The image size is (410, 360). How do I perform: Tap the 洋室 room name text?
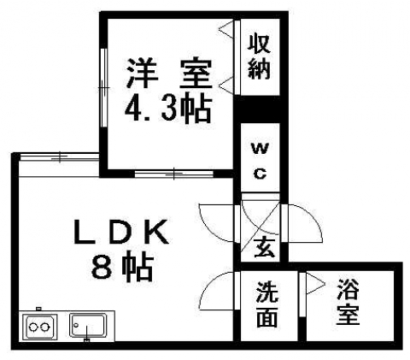(169, 73)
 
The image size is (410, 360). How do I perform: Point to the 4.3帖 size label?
(168, 109)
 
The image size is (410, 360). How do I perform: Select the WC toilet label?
(260, 160)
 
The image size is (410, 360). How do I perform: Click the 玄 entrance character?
(265, 247)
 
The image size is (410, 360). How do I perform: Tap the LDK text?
(121, 232)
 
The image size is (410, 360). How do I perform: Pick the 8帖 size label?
(123, 266)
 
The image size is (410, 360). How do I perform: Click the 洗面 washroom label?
(267, 304)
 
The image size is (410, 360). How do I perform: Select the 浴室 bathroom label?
(348, 302)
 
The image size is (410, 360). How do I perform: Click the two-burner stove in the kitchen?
(39, 327)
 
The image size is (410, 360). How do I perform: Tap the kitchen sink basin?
(88, 326)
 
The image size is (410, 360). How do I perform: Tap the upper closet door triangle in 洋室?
(227, 29)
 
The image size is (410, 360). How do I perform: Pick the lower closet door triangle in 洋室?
(227, 85)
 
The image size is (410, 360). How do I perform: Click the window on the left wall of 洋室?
(104, 88)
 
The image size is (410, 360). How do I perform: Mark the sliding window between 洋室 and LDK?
(174, 173)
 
